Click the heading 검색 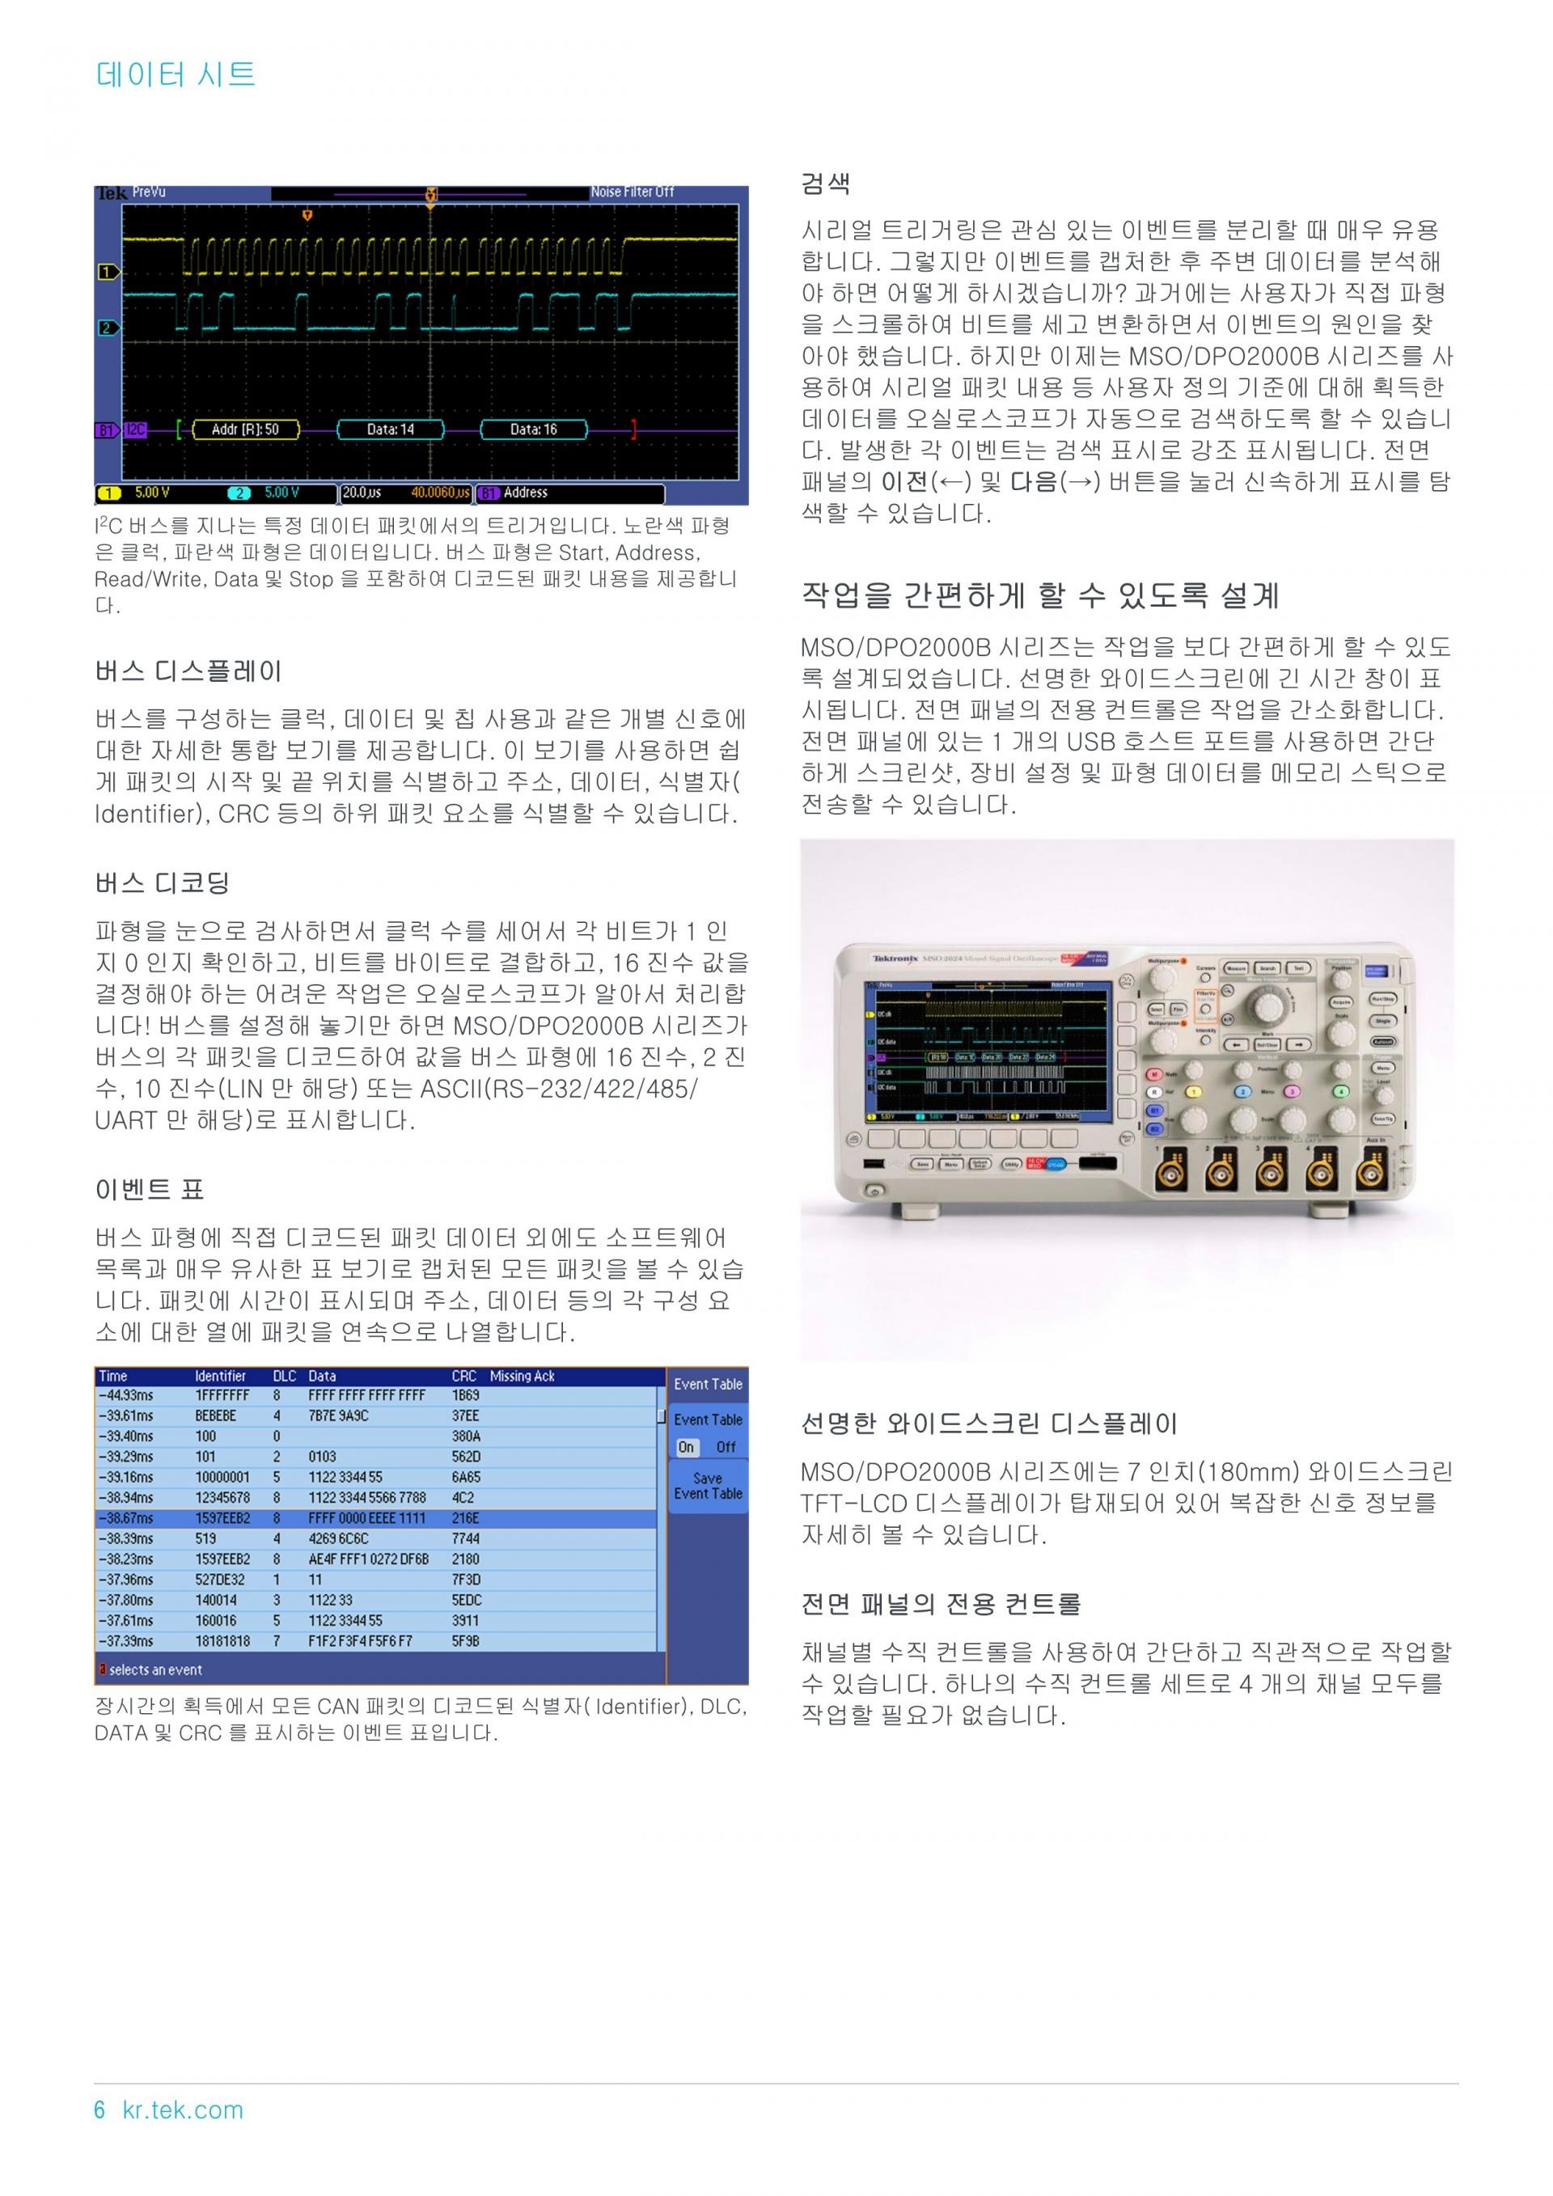click(825, 184)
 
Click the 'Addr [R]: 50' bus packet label click(245, 429)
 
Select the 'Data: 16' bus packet click(533, 429)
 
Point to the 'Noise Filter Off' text click(632, 193)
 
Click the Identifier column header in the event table click(220, 1377)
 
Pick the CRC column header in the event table click(463, 1377)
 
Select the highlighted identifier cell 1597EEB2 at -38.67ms click(222, 1518)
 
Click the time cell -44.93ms click(125, 1395)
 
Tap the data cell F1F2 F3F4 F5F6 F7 click(361, 1641)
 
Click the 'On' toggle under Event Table click(686, 1447)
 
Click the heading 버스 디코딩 click(163, 882)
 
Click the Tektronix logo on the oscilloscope click(895, 958)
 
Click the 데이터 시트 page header click(176, 74)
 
